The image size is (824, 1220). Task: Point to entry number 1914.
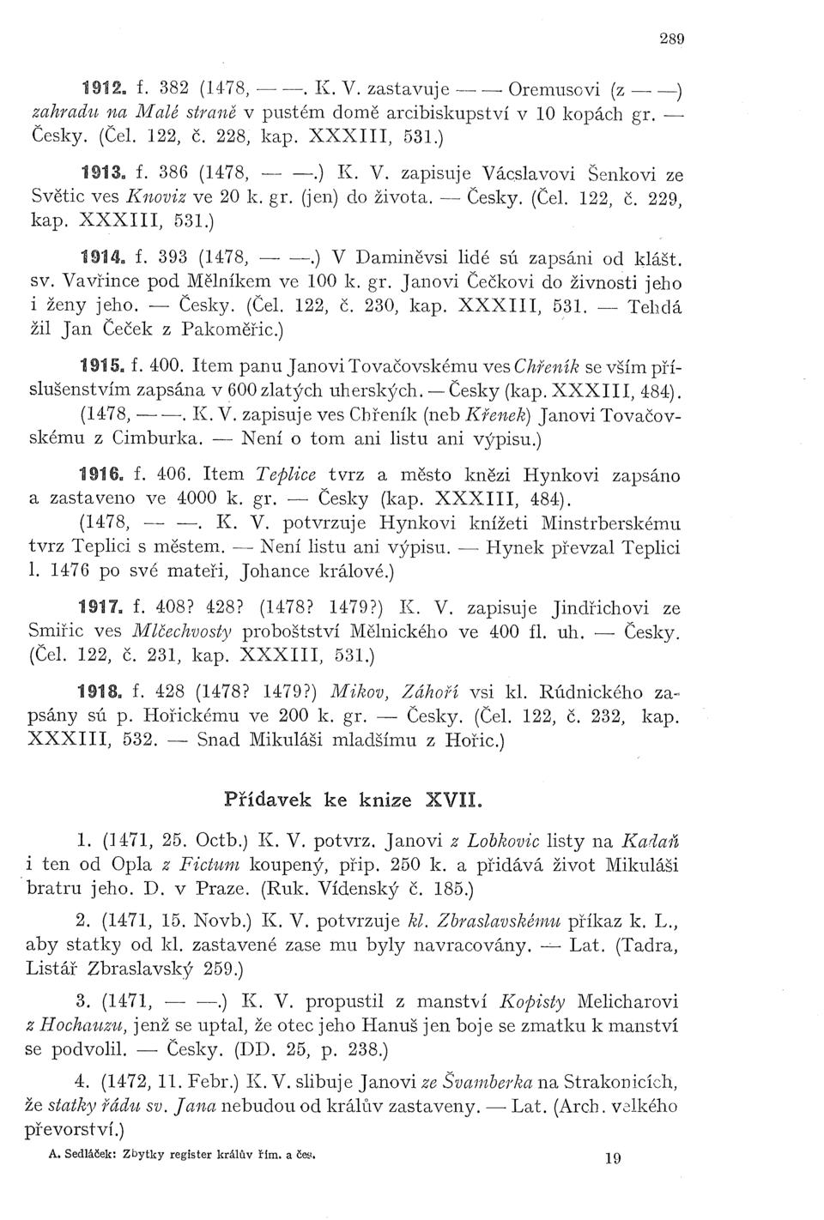100,256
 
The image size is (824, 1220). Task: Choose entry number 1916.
100,476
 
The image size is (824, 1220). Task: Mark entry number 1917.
100,608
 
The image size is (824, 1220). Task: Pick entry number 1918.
100,692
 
